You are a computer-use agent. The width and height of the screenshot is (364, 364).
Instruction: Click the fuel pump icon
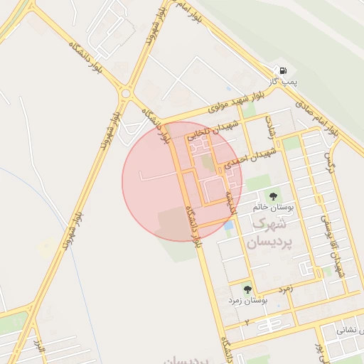[284, 71]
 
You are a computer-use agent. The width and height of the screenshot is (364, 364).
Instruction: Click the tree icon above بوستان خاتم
[273, 196]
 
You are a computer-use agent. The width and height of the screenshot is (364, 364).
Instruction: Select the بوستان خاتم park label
[273, 208]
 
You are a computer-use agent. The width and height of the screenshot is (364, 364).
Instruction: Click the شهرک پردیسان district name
[266, 233]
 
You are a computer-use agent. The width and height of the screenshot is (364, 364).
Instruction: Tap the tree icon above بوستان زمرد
[247, 289]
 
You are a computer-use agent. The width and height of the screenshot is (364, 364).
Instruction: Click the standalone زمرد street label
[285, 289]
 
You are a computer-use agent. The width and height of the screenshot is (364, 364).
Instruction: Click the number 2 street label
[247, 323]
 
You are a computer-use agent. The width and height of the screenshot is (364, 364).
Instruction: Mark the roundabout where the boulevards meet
[127, 92]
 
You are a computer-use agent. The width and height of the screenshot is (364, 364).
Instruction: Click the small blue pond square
[228, 226]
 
